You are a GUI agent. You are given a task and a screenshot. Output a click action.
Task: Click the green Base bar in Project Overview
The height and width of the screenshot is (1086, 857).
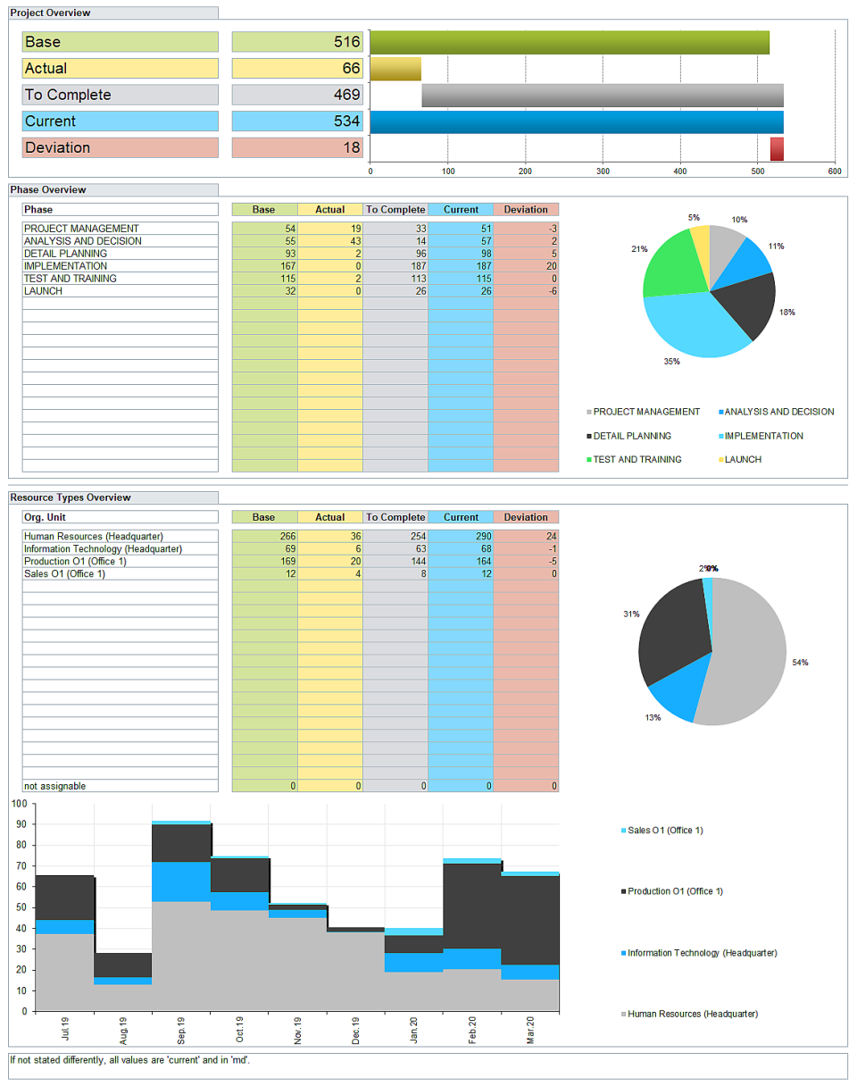pyautogui.click(x=570, y=42)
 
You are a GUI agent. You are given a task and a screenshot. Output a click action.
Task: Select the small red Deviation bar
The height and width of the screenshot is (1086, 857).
pyautogui.click(x=777, y=148)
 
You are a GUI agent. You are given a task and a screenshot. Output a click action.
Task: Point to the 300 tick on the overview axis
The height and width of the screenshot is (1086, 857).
pyautogui.click(x=603, y=171)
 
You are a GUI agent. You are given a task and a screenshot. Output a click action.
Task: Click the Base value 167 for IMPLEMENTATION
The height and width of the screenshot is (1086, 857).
pyautogui.click(x=264, y=266)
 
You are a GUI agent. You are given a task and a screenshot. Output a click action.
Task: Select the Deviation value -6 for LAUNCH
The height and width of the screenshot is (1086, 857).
pyautogui.click(x=526, y=291)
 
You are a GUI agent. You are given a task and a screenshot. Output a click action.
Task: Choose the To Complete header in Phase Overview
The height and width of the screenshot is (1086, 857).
pyautogui.click(x=395, y=210)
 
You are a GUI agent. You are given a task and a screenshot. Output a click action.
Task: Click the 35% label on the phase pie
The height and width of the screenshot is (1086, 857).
pyautogui.click(x=671, y=362)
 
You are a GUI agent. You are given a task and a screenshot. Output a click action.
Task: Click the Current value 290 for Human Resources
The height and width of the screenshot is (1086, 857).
pyautogui.click(x=461, y=536)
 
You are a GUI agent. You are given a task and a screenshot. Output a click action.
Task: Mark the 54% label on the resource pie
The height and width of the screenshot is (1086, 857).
pyautogui.click(x=800, y=663)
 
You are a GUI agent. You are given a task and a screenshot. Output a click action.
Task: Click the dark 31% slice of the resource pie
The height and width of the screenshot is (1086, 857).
pyautogui.click(x=671, y=630)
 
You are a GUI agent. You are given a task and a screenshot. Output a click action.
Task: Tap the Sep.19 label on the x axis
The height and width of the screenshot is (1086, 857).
pyautogui.click(x=181, y=1030)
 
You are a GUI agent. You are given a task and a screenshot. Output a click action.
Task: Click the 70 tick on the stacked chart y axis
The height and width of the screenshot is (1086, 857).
pyautogui.click(x=18, y=865)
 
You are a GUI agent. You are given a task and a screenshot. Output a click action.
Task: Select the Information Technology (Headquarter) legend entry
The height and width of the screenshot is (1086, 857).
pyautogui.click(x=702, y=953)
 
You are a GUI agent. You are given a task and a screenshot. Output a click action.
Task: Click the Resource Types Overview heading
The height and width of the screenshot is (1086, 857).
pyautogui.click(x=71, y=497)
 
